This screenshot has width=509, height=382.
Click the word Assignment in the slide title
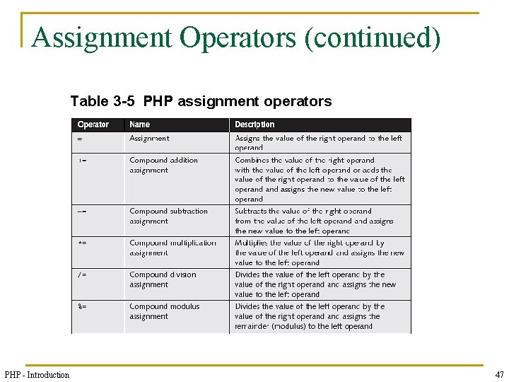coord(101,37)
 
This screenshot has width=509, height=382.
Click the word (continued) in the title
coord(371,37)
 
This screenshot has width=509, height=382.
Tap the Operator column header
coord(93,125)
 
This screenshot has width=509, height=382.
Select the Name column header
coord(140,125)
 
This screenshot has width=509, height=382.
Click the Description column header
coord(255,125)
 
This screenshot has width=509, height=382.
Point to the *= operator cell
coord(83,243)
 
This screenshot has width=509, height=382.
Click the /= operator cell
coord(83,274)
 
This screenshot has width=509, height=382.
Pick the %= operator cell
coord(83,306)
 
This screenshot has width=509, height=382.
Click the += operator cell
coord(83,160)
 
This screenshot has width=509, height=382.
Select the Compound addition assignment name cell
coord(163,165)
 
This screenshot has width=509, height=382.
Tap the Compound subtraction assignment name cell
coord(168,216)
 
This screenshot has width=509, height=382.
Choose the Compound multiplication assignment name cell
coord(172,248)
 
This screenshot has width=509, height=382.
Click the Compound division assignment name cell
coord(163,279)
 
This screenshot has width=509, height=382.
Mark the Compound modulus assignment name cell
coord(164,311)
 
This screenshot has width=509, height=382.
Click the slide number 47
coord(499,374)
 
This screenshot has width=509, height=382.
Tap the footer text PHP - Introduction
coord(37,374)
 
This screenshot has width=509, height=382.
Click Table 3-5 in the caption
coord(103,101)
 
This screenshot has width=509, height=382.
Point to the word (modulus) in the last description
coord(287,326)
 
